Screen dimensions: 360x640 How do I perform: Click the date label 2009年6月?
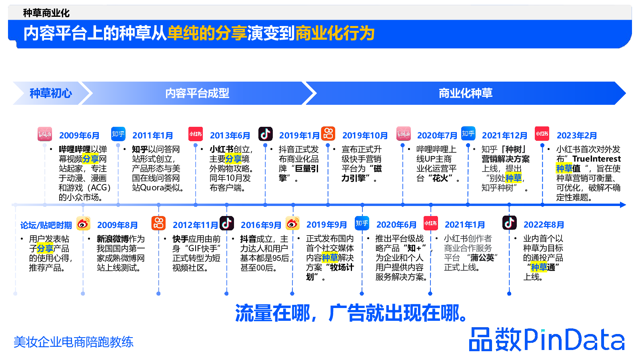click(79, 136)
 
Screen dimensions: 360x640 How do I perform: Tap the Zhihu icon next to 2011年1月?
click(118, 134)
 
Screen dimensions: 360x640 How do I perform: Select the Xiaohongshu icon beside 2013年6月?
click(196, 134)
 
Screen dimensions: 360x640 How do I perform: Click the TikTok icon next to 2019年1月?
click(265, 134)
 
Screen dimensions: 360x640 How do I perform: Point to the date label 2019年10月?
click(365, 136)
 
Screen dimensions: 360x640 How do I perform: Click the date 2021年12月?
click(504, 136)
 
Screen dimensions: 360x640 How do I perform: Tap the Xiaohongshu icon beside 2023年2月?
click(542, 134)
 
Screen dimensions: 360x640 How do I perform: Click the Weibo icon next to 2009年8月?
click(83, 224)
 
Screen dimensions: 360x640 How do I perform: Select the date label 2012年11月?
click(195, 225)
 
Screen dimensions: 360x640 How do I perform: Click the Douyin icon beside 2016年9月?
click(227, 223)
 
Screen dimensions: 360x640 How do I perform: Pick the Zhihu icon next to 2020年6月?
click(362, 223)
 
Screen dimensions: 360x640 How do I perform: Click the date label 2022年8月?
click(544, 225)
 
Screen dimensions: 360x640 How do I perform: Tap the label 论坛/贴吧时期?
click(46, 226)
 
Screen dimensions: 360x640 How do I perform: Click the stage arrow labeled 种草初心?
click(50, 93)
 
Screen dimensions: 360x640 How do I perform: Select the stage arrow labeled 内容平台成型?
click(197, 93)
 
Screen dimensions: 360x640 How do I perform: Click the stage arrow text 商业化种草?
click(465, 93)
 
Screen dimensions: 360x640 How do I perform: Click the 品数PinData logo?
click(546, 340)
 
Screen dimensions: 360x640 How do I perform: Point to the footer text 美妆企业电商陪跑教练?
click(74, 342)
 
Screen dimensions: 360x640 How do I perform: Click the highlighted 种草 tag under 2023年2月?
click(564, 168)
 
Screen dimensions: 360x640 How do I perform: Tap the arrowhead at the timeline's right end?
click(622, 205)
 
